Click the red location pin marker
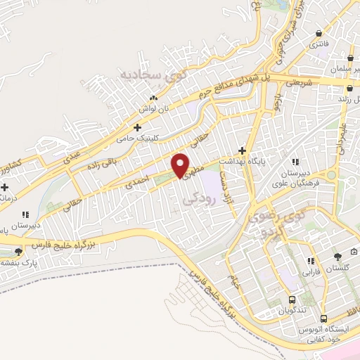181,165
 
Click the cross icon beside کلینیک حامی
137,127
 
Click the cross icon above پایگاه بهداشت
243,150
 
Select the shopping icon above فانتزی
321,32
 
